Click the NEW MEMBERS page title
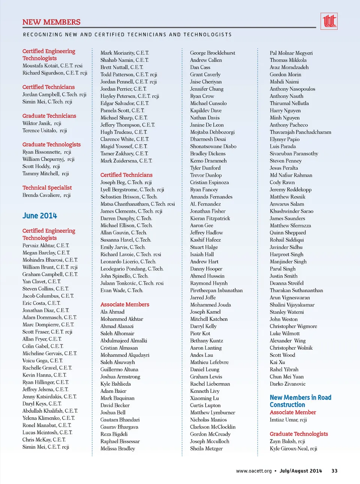[51, 22]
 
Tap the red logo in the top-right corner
[329, 21]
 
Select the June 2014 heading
[40, 216]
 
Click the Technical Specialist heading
[47, 188]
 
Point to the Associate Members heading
[124, 304]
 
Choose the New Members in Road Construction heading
[300, 401]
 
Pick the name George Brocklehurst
[212, 53]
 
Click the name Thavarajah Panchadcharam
[300, 132]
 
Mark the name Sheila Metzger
[206, 448]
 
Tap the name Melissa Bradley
[117, 448]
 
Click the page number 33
[334, 471]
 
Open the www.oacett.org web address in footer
[253, 471]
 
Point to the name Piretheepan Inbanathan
[216, 290]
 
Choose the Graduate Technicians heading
[49, 116]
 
